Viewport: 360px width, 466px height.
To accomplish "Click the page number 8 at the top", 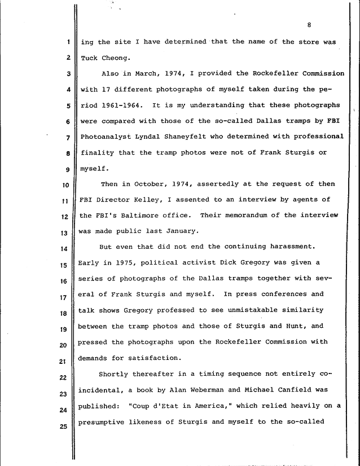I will (x=310, y=24).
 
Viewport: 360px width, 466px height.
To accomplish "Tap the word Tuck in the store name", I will (x=89, y=58).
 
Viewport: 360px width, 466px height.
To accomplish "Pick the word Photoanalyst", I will (x=106, y=137).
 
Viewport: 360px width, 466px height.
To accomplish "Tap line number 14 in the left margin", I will (x=65, y=249).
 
